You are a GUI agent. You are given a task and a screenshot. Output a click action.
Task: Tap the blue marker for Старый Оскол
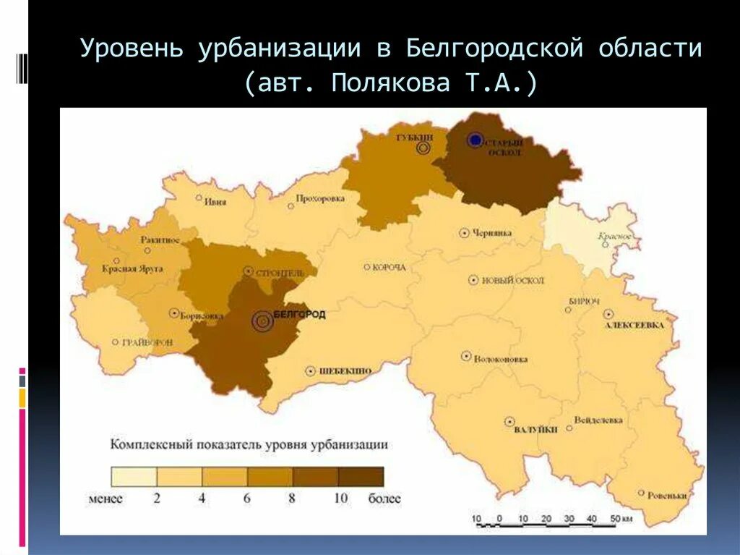point(475,140)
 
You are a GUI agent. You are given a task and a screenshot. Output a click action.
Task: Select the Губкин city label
point(415,136)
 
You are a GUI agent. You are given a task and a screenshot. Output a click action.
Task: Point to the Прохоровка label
point(319,199)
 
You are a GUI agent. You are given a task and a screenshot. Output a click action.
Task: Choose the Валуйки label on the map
point(536,430)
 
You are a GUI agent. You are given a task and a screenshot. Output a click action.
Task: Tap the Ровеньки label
point(666,496)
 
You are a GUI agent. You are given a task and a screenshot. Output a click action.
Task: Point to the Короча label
point(390,267)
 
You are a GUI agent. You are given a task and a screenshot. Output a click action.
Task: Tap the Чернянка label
point(492,233)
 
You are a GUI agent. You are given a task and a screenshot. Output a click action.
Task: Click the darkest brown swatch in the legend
point(361,476)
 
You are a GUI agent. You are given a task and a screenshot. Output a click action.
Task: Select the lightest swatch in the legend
point(133,476)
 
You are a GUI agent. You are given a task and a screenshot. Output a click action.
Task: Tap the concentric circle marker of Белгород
point(262,320)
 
